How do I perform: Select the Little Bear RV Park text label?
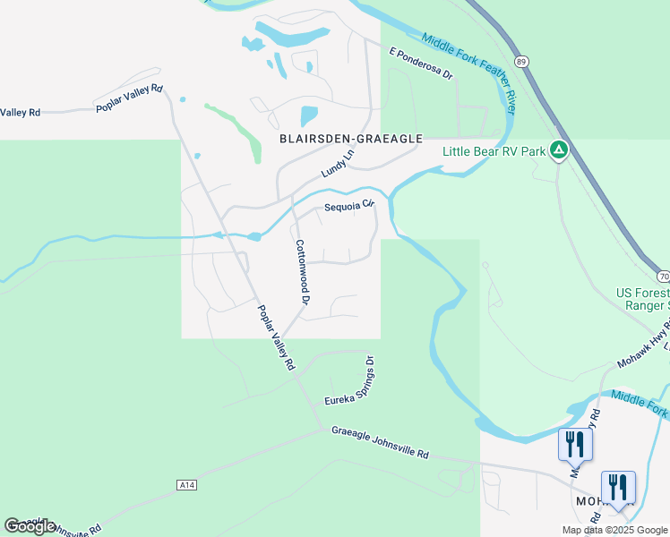tap(494, 151)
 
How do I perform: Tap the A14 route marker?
tap(185, 485)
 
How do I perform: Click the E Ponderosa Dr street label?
tap(422, 63)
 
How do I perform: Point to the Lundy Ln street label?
tap(338, 163)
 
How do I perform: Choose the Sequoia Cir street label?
tap(348, 205)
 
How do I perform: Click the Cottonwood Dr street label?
tap(302, 273)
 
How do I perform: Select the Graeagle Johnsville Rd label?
tap(380, 442)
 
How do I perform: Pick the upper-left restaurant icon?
tap(574, 445)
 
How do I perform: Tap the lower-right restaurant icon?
tap(617, 488)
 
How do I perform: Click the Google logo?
tap(30, 526)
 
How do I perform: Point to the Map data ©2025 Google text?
tap(614, 530)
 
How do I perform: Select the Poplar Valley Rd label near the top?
tap(130, 98)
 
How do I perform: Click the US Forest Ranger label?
tap(641, 298)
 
